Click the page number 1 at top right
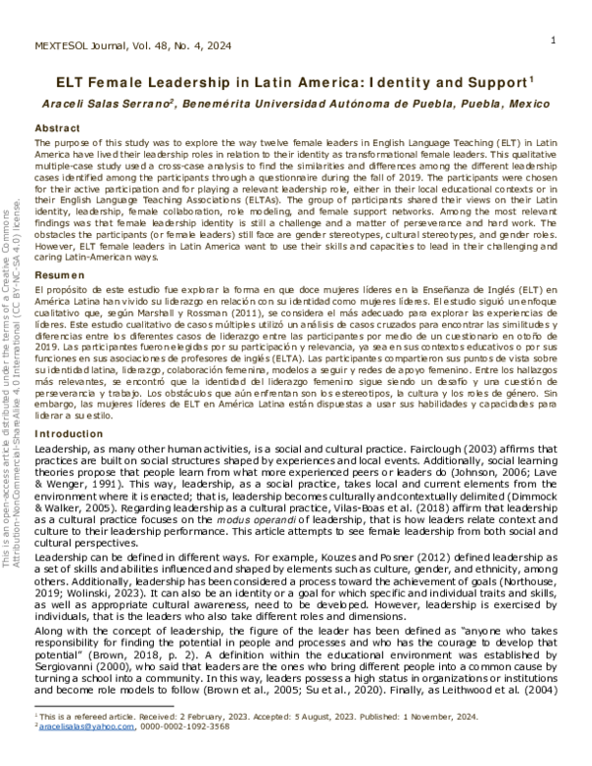[x=555, y=39]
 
